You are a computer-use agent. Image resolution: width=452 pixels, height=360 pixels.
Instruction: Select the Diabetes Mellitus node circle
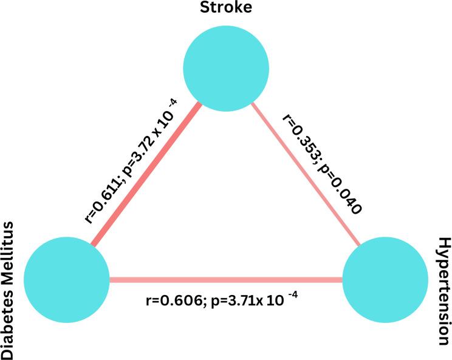tap(66, 280)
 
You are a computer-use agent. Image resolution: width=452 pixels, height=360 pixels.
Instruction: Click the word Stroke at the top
tap(226, 8)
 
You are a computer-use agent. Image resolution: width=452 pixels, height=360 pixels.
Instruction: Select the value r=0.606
tap(172, 301)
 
